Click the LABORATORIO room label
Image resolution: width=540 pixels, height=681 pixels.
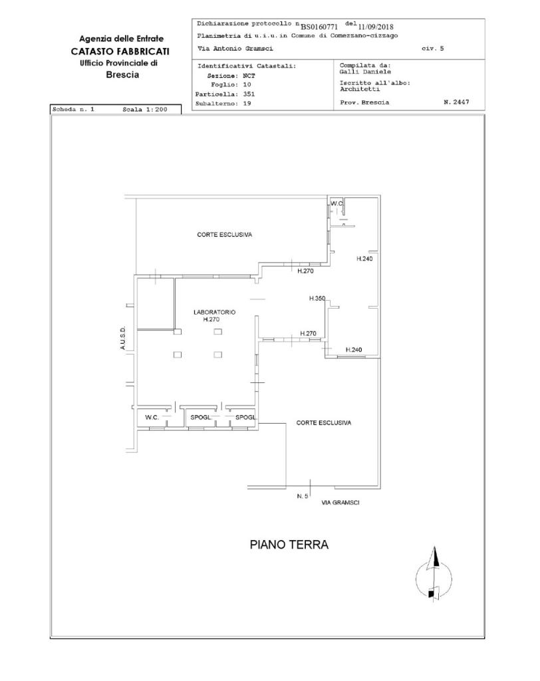(x=214, y=313)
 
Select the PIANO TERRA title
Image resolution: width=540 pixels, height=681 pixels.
(x=289, y=545)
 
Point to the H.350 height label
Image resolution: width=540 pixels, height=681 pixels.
(x=317, y=299)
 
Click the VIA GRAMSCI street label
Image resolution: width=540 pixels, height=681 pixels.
(x=340, y=503)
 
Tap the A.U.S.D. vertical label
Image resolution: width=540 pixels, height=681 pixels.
(x=123, y=338)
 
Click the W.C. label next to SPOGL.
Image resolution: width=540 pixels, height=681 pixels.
(x=152, y=418)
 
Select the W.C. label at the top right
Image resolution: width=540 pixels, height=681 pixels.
(x=337, y=204)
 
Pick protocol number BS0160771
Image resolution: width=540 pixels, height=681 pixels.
(x=319, y=27)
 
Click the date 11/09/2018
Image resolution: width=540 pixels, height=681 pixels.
(x=376, y=27)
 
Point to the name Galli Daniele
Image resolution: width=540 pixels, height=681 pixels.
(x=365, y=72)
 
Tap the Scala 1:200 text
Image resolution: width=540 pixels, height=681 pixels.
(x=145, y=110)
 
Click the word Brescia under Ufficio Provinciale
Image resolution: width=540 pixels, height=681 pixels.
(x=122, y=74)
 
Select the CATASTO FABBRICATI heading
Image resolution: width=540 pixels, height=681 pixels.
(x=120, y=51)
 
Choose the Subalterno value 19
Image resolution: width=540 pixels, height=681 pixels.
(x=247, y=103)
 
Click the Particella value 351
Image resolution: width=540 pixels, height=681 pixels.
(x=249, y=94)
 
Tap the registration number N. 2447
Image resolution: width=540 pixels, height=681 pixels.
(x=456, y=102)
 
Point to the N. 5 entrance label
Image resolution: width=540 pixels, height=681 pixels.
(x=303, y=496)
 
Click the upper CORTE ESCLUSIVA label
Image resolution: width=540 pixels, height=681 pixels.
(x=225, y=235)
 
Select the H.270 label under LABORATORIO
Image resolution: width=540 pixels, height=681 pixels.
(x=211, y=319)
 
